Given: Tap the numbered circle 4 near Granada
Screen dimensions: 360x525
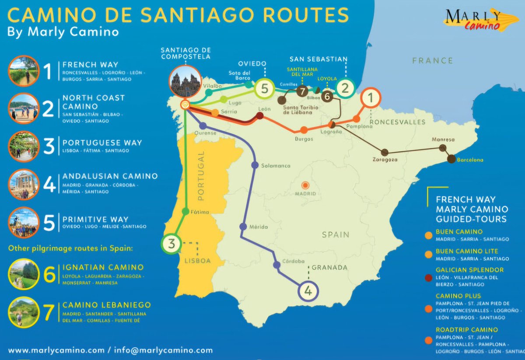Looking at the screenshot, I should tap(309, 291).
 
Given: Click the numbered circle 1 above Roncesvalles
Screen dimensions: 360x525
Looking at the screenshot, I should tap(370, 98).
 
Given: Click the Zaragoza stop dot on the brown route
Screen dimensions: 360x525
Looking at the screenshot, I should tap(385, 152).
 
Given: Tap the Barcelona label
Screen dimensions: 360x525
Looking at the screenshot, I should tap(470, 160).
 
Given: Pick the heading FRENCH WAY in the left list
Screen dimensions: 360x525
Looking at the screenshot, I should tap(90, 64).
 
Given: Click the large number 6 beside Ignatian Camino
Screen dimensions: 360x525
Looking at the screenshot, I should tap(49, 275).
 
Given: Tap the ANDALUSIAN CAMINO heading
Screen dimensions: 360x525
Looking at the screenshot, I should tap(110, 176).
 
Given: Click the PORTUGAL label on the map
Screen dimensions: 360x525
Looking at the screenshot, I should tap(201, 175).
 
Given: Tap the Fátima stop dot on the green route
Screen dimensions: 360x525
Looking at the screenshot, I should tap(185, 212).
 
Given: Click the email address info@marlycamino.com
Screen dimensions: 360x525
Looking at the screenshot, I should tap(163, 350).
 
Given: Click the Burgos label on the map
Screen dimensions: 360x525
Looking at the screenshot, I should tap(304, 139).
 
